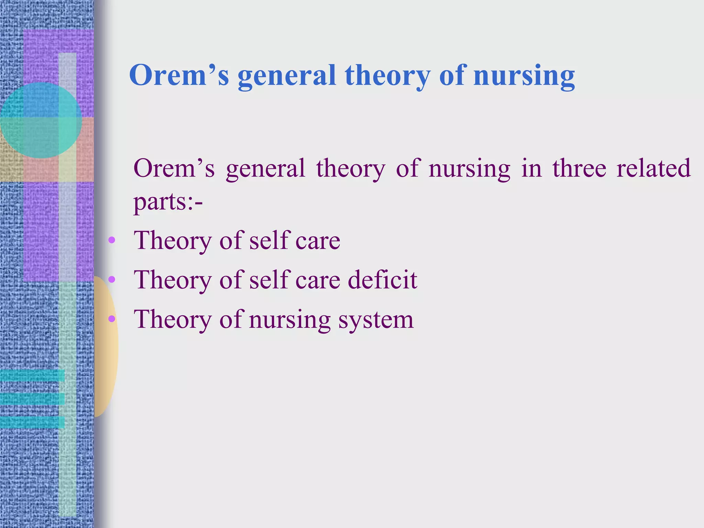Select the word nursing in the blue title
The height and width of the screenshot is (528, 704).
524,76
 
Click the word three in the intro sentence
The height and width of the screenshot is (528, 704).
584,168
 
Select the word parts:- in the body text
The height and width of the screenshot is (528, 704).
168,202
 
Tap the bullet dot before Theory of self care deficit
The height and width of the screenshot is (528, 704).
111,279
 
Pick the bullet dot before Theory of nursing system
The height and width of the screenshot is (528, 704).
111,319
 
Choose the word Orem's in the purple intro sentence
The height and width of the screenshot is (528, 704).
174,168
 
